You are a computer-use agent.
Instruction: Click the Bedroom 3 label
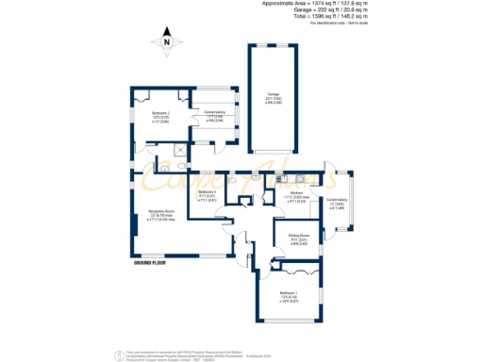tap(208, 196)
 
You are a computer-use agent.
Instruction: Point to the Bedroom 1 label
tap(289, 295)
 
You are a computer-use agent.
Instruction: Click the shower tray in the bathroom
tap(179, 148)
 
